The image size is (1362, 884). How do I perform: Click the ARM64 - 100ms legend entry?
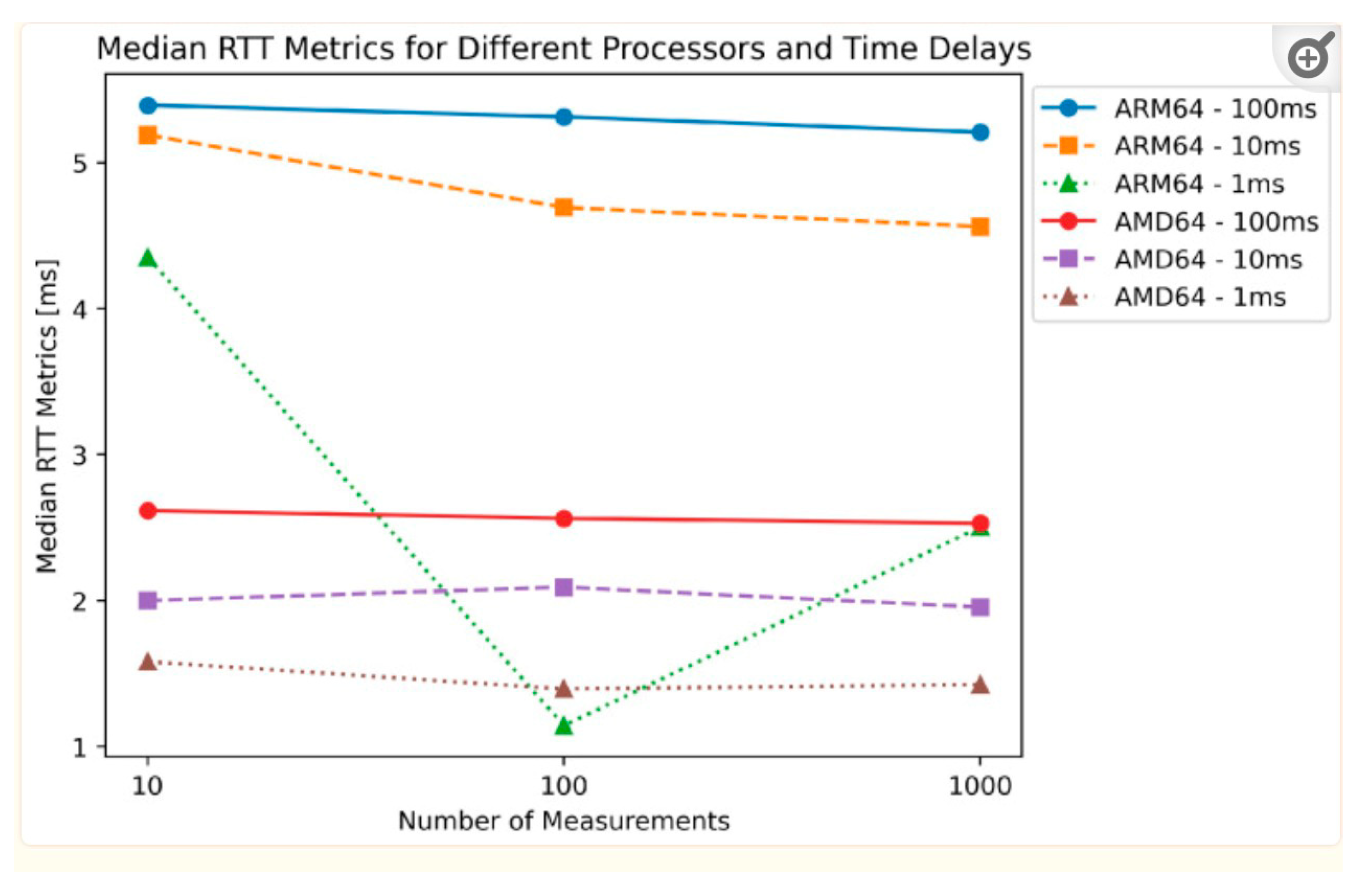(x=1179, y=108)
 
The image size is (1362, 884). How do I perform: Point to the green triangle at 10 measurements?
(x=148, y=258)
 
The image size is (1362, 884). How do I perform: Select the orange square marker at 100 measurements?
(x=564, y=207)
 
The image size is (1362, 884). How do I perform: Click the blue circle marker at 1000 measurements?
(x=980, y=132)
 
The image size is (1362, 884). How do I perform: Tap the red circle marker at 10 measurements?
(x=148, y=510)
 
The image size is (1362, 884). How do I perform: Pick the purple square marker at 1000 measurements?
(x=980, y=607)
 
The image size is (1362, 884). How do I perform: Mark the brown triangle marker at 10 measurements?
(x=148, y=662)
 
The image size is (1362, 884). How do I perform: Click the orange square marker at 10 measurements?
(x=148, y=135)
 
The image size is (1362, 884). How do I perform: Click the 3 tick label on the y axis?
(x=79, y=455)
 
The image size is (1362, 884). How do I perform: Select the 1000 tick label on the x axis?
(x=980, y=786)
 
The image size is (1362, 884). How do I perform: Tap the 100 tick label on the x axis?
(x=564, y=786)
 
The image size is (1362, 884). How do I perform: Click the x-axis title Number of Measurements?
(x=564, y=821)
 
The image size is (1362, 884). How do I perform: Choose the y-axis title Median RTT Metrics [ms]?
(x=47, y=416)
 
